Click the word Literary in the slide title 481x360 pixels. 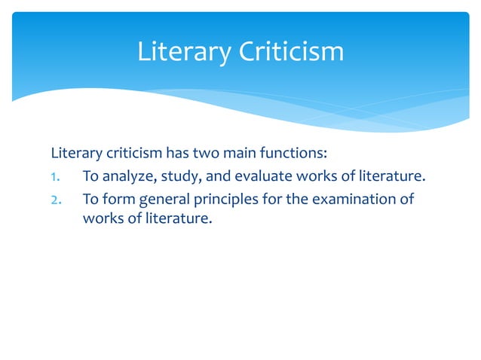pyautogui.click(x=181, y=52)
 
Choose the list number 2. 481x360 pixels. pyautogui.click(x=56, y=201)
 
